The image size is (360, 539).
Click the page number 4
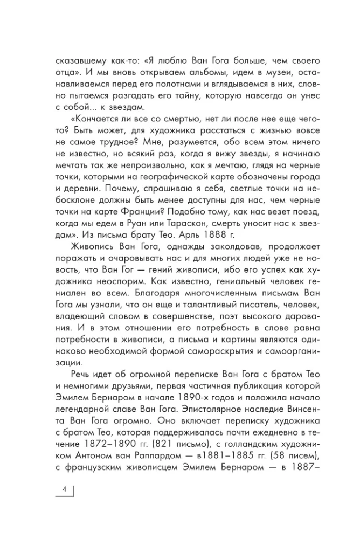click(x=64, y=489)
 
